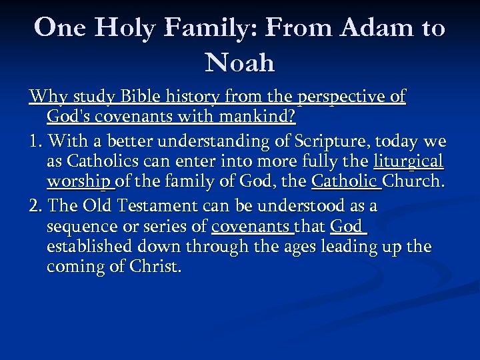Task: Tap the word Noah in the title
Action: [x=240, y=63]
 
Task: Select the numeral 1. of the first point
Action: [x=37, y=141]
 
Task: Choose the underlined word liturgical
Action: [x=408, y=161]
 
